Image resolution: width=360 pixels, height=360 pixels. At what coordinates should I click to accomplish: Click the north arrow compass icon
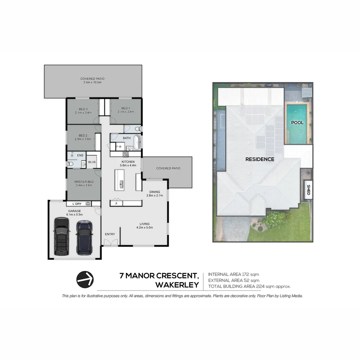click(85, 279)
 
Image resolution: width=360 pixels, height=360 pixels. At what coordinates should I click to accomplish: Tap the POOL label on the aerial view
click(297, 123)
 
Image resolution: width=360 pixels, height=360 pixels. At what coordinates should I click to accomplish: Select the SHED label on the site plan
click(308, 190)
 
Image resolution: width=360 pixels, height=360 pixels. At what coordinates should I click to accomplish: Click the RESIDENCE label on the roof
click(260, 159)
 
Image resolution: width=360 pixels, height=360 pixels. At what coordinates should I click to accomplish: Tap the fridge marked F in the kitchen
click(116, 203)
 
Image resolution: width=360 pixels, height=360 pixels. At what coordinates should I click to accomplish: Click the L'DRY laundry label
click(77, 204)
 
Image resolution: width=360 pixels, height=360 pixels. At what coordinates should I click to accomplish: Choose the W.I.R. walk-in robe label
click(92, 162)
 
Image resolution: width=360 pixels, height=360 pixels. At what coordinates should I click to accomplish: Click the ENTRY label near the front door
click(110, 234)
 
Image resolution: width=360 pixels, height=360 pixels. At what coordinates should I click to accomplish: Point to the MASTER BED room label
click(83, 182)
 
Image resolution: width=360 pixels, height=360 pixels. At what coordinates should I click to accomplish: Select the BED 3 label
click(83, 109)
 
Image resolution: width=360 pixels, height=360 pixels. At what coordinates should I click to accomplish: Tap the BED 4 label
click(126, 108)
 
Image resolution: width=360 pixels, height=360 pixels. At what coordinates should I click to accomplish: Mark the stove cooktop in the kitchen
click(126, 154)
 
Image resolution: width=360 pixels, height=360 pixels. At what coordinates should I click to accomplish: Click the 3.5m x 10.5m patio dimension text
click(92, 82)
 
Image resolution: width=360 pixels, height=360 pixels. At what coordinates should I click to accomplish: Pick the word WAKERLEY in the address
click(177, 285)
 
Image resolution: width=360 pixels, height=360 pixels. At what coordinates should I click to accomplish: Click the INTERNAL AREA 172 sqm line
click(233, 274)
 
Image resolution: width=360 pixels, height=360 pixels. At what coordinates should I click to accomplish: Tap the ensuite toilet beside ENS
click(70, 164)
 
